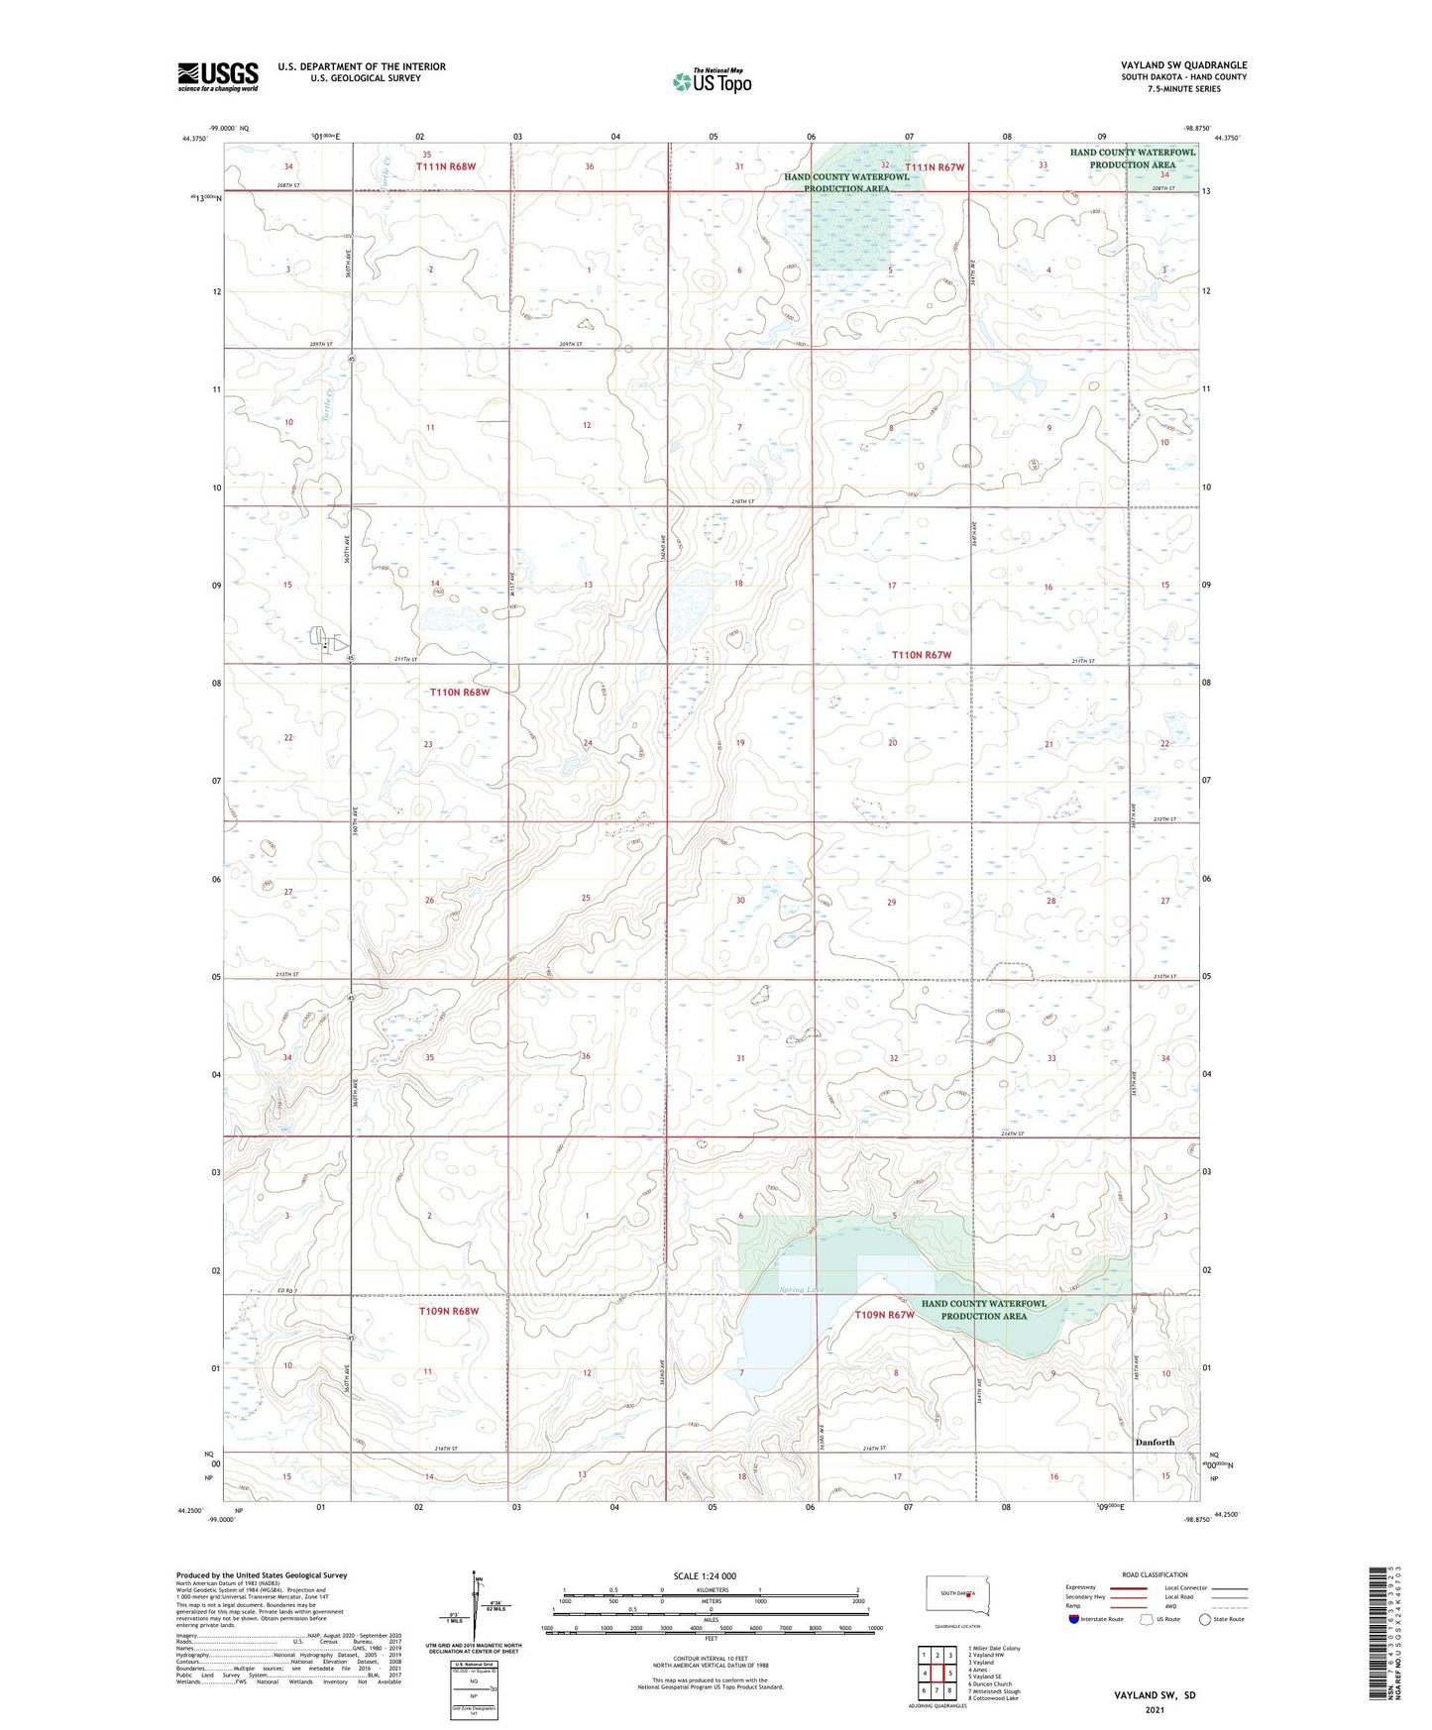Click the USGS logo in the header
pyautogui.click(x=218, y=76)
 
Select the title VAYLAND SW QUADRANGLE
pyautogui.click(x=1183, y=65)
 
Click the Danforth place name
pyautogui.click(x=1155, y=1442)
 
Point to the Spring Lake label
pyautogui.click(x=802, y=1289)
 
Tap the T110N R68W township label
pyautogui.click(x=460, y=692)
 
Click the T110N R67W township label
pyautogui.click(x=921, y=655)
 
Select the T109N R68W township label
pyautogui.click(x=449, y=1311)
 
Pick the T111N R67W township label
pyautogui.click(x=934, y=167)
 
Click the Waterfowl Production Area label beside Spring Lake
pyautogui.click(x=983, y=1310)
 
